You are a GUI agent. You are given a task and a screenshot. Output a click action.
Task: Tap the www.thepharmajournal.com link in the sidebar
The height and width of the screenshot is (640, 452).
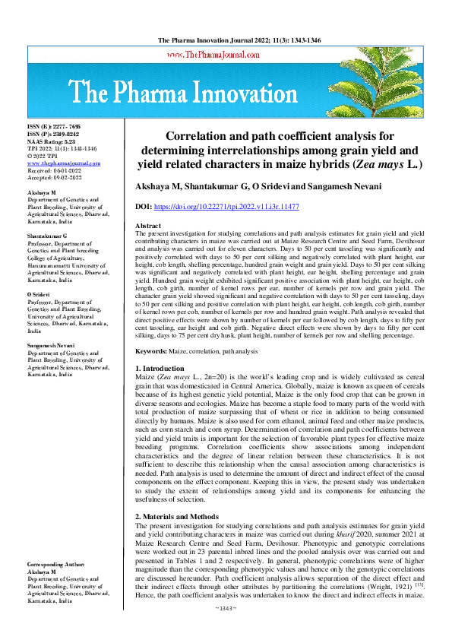click(64, 163)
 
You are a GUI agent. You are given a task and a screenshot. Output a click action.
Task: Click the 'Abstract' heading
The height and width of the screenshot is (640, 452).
click(147, 227)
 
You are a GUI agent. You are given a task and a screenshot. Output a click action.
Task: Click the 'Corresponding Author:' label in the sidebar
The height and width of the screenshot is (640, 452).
click(59, 566)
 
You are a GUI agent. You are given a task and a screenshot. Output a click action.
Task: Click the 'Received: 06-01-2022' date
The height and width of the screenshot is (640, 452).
click(55, 171)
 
